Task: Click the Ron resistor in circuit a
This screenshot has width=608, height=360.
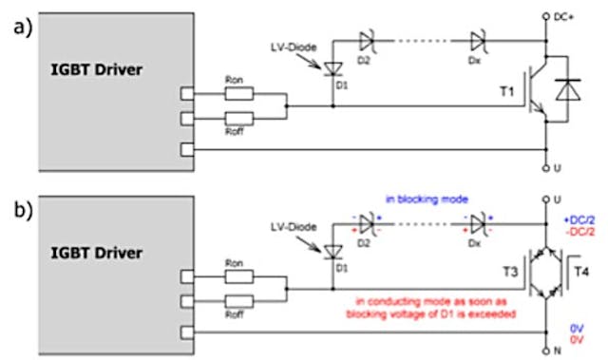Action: pyautogui.click(x=240, y=94)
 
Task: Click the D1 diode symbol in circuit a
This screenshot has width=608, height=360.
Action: pyautogui.click(x=332, y=68)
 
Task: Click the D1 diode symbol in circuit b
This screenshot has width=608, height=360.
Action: pyautogui.click(x=332, y=251)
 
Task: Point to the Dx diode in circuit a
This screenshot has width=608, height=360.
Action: pyautogui.click(x=479, y=40)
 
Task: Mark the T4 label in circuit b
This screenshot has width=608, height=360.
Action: pyautogui.click(x=579, y=270)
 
